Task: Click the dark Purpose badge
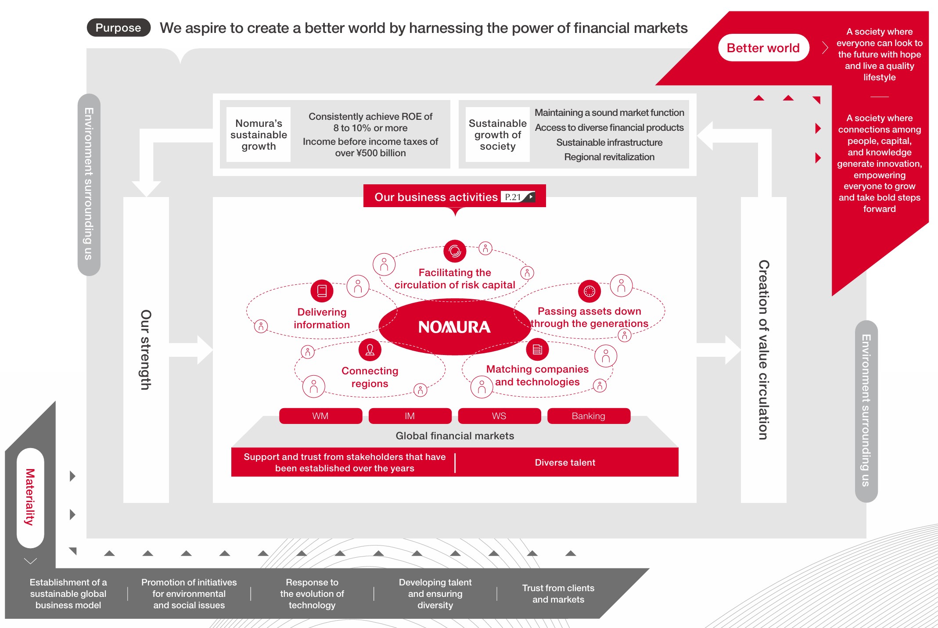click(119, 28)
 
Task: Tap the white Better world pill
click(763, 48)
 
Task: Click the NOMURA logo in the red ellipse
click(454, 327)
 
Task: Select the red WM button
click(320, 416)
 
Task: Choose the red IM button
click(410, 416)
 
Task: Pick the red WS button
click(499, 416)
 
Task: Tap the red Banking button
click(588, 416)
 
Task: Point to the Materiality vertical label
click(30, 497)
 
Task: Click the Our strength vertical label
click(146, 350)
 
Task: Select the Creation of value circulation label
click(763, 350)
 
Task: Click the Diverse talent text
click(565, 463)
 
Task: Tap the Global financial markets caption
click(455, 436)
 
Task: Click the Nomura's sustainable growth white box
click(259, 135)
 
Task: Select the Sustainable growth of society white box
click(497, 135)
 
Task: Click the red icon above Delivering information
click(322, 291)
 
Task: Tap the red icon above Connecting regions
click(370, 350)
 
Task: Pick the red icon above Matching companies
click(537, 350)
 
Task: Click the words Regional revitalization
click(609, 157)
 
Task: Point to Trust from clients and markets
click(558, 594)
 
